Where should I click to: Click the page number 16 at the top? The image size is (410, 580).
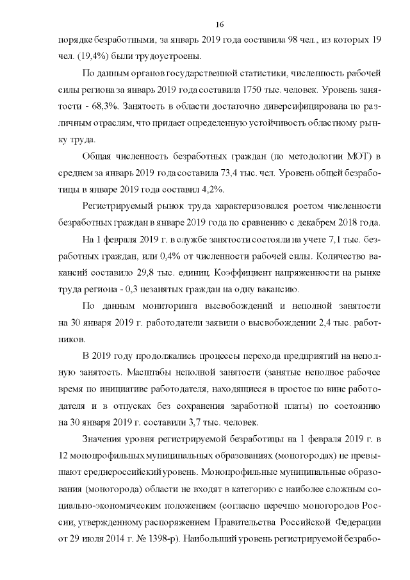(219, 24)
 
